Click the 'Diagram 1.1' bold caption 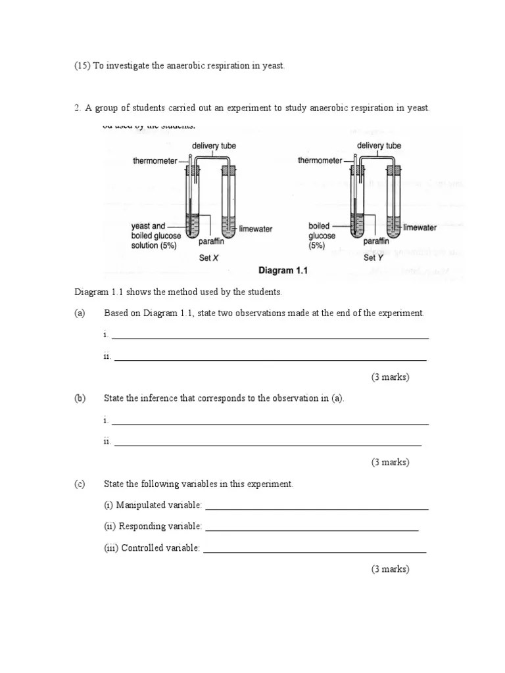tap(283, 270)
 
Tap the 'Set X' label tap(208, 258)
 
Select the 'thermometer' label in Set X tap(155, 160)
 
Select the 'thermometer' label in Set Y tap(320, 160)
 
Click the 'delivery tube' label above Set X tap(214, 145)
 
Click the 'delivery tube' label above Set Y tap(379, 145)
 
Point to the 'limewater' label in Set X tap(256, 229)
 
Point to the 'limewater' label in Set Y tap(420, 227)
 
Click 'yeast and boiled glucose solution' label tap(155, 235)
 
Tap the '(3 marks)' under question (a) tap(390, 377)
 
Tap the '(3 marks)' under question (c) tap(390, 569)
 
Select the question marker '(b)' tap(80, 398)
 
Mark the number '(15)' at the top tap(82, 66)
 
